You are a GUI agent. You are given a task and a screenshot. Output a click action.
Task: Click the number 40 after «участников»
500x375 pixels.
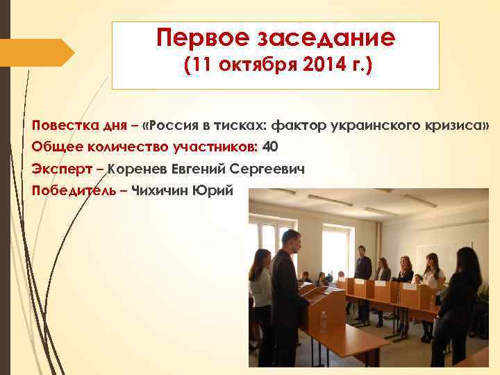point(271,147)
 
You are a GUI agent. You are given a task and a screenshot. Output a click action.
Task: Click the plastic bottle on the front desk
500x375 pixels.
point(323,322)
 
